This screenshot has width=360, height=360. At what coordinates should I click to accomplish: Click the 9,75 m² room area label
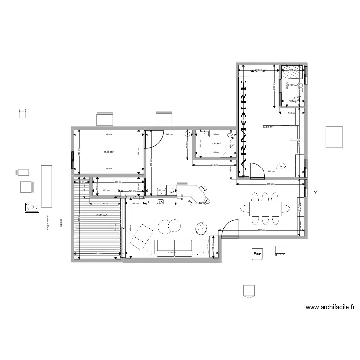pyautogui.click(x=108, y=152)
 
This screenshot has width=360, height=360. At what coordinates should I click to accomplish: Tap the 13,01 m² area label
pyautogui.click(x=101, y=216)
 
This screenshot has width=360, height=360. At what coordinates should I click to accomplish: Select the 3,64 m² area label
pyautogui.click(x=216, y=143)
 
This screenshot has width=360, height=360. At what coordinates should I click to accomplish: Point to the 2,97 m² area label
pyautogui.click(x=293, y=86)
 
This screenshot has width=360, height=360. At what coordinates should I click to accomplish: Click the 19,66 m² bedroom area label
pyautogui.click(x=267, y=127)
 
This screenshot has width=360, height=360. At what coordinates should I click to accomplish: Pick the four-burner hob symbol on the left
pyautogui.click(x=32, y=206)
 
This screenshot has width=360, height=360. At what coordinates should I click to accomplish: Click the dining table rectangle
pyautogui.click(x=265, y=208)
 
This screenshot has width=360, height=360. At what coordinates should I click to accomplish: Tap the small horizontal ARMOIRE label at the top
pyautogui.click(x=259, y=71)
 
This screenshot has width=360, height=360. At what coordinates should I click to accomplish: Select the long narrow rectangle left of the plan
pyautogui.click(x=47, y=186)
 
